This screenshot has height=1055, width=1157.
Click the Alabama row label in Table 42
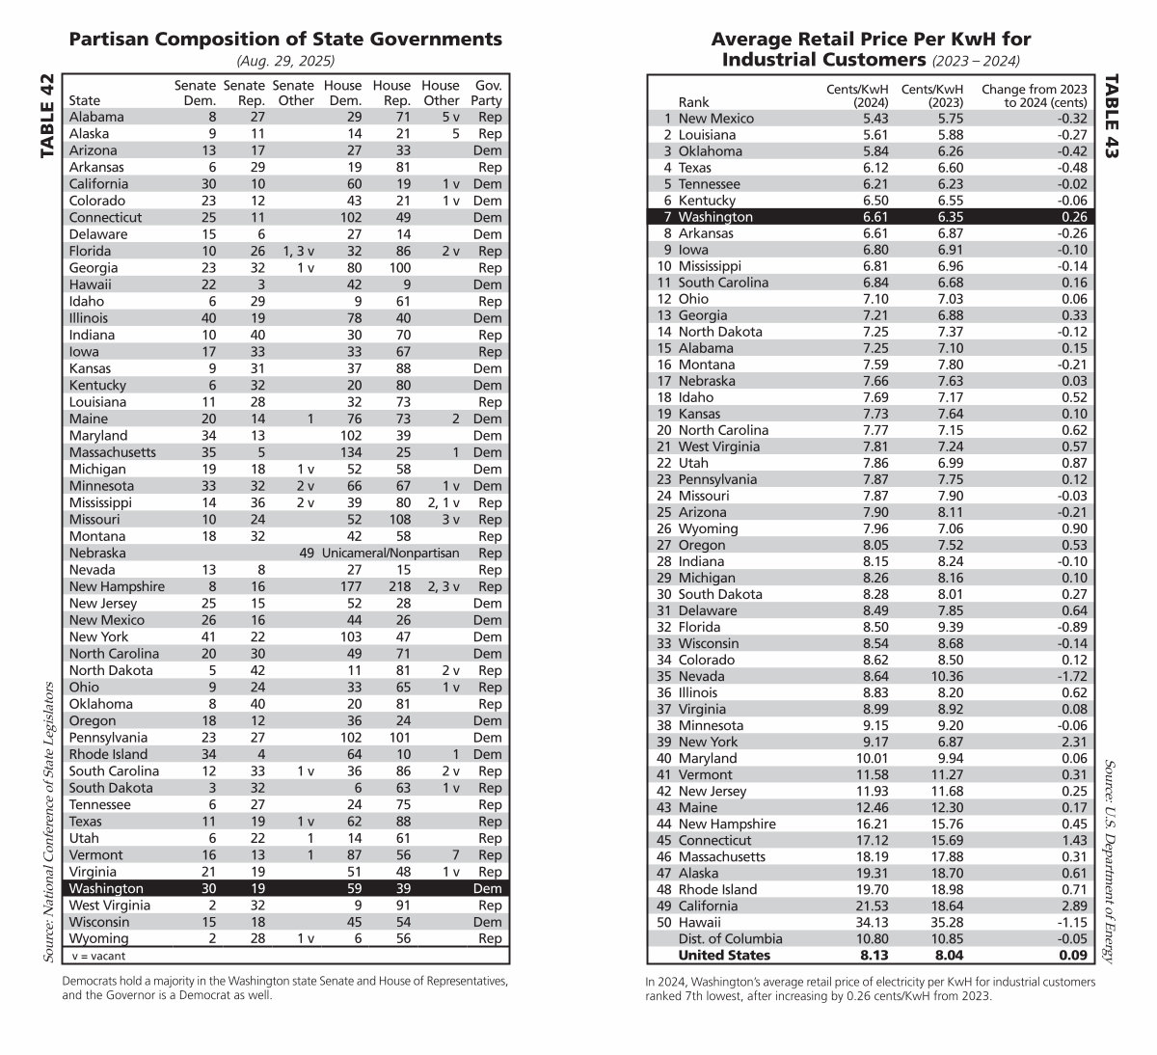tap(96, 117)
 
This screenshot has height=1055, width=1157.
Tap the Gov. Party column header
tap(489, 93)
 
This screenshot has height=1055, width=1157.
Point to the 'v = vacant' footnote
tap(98, 956)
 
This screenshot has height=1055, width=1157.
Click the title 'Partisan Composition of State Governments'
tap(285, 40)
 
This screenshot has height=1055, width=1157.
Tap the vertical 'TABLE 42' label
tap(47, 116)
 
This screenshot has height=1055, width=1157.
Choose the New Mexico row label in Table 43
tap(716, 119)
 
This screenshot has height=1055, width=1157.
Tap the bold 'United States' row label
tap(724, 955)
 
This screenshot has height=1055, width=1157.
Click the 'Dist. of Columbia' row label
tap(730, 938)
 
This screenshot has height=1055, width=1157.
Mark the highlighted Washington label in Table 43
tap(715, 217)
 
